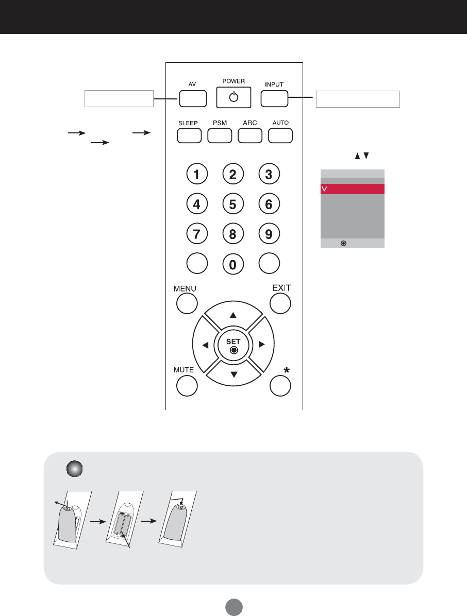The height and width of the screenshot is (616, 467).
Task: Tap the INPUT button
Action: (274, 98)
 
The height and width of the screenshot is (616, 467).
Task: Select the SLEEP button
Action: (189, 135)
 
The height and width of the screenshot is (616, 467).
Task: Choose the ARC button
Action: (250, 135)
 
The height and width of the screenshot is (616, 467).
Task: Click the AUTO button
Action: (280, 135)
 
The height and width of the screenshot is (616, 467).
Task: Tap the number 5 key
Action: (233, 204)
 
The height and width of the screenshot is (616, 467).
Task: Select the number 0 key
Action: (233, 265)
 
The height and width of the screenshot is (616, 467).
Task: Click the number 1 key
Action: (197, 175)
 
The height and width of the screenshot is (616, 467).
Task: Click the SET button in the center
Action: (233, 345)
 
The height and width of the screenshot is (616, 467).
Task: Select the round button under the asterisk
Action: (280, 386)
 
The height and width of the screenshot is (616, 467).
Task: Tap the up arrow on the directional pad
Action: (233, 315)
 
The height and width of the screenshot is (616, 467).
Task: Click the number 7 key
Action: (197, 234)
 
